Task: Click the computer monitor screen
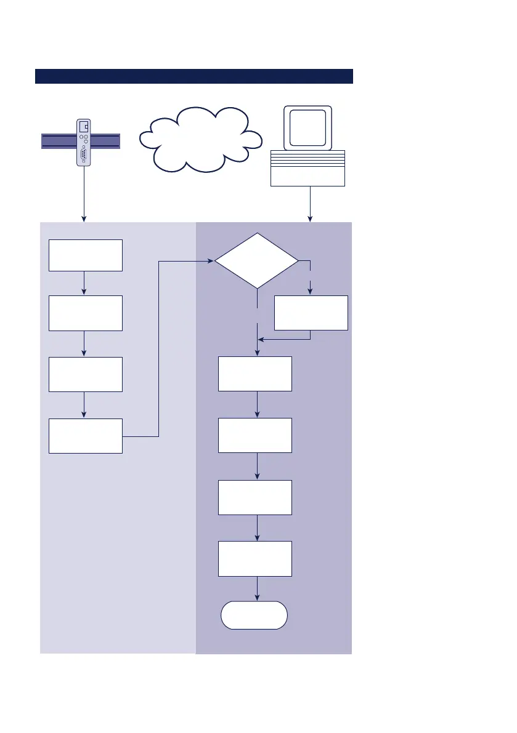(307, 128)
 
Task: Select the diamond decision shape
(256, 261)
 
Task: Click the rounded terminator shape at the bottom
(254, 615)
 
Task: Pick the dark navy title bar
(193, 76)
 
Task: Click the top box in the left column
(86, 255)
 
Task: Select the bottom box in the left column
(86, 436)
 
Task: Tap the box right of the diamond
(311, 313)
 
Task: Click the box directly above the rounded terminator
(255, 558)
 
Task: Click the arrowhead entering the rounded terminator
(257, 598)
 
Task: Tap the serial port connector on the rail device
(83, 154)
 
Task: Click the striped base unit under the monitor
(308, 167)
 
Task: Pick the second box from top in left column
(86, 313)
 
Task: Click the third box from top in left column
(86, 374)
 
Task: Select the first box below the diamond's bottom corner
(255, 374)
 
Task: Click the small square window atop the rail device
(84, 126)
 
